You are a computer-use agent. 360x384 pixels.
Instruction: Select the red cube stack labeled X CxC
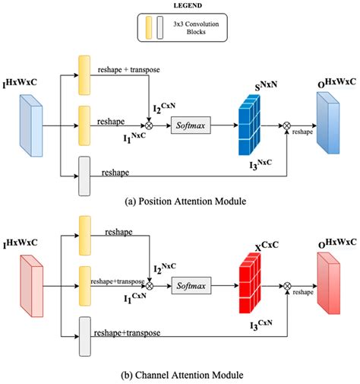(255, 283)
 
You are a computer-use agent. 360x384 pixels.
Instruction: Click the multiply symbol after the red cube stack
(288, 287)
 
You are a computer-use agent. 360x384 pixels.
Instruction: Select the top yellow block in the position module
(84, 71)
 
